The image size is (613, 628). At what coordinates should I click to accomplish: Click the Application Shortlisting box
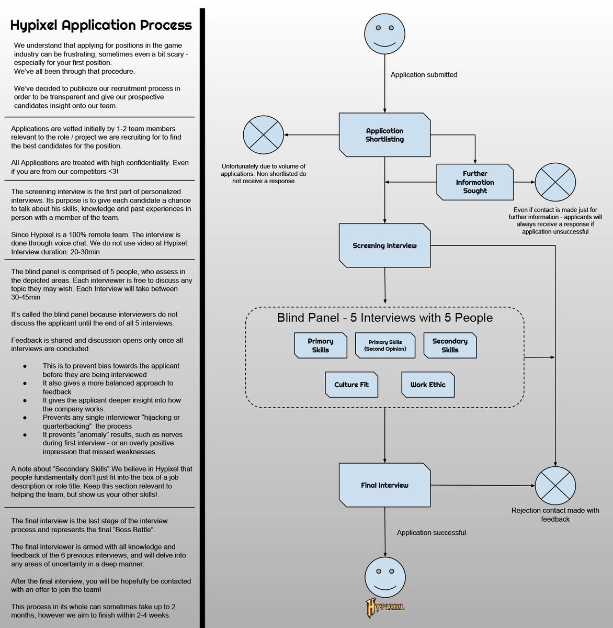384,135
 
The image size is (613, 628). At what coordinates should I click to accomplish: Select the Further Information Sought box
475,182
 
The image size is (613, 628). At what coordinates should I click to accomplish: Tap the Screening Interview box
384,245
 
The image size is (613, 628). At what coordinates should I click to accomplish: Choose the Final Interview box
384,485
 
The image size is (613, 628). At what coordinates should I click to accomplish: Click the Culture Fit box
351,385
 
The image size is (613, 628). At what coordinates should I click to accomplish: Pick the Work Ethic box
428,385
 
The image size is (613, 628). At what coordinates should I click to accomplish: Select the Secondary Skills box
450,345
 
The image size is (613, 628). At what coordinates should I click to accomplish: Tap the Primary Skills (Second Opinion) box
385,345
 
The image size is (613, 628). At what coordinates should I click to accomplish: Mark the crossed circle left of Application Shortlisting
264,135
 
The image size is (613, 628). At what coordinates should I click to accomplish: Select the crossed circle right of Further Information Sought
555,183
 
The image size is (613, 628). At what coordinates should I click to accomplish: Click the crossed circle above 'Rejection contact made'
555,486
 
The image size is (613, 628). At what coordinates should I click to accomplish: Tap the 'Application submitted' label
424,75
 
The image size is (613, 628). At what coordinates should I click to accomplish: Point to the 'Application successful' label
431,533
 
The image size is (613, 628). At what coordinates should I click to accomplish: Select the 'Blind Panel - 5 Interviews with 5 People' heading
384,318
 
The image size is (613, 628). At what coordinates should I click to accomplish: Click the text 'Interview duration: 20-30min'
55,252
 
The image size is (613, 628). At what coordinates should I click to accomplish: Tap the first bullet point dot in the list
25,366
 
